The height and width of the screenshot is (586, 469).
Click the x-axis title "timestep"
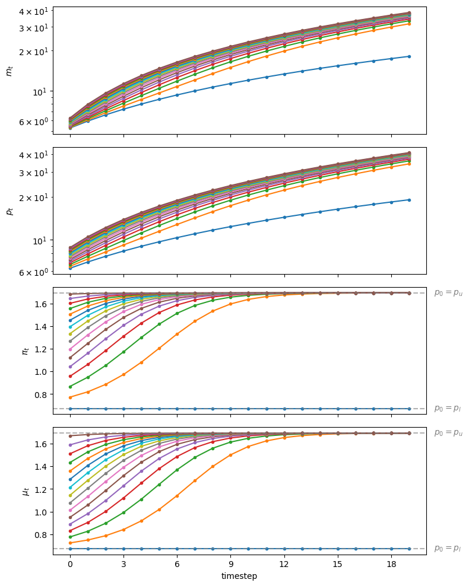(x=239, y=576)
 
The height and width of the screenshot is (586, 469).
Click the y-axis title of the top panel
(x=9, y=71)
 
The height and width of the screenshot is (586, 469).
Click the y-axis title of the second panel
(x=9, y=211)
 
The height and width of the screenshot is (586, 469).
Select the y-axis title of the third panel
(x=25, y=351)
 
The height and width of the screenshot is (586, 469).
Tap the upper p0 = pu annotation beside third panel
(x=448, y=292)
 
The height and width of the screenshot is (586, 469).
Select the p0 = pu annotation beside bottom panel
(x=448, y=432)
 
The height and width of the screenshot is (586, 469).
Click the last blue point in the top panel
(x=408, y=56)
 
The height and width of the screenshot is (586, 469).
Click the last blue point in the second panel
(x=408, y=200)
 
